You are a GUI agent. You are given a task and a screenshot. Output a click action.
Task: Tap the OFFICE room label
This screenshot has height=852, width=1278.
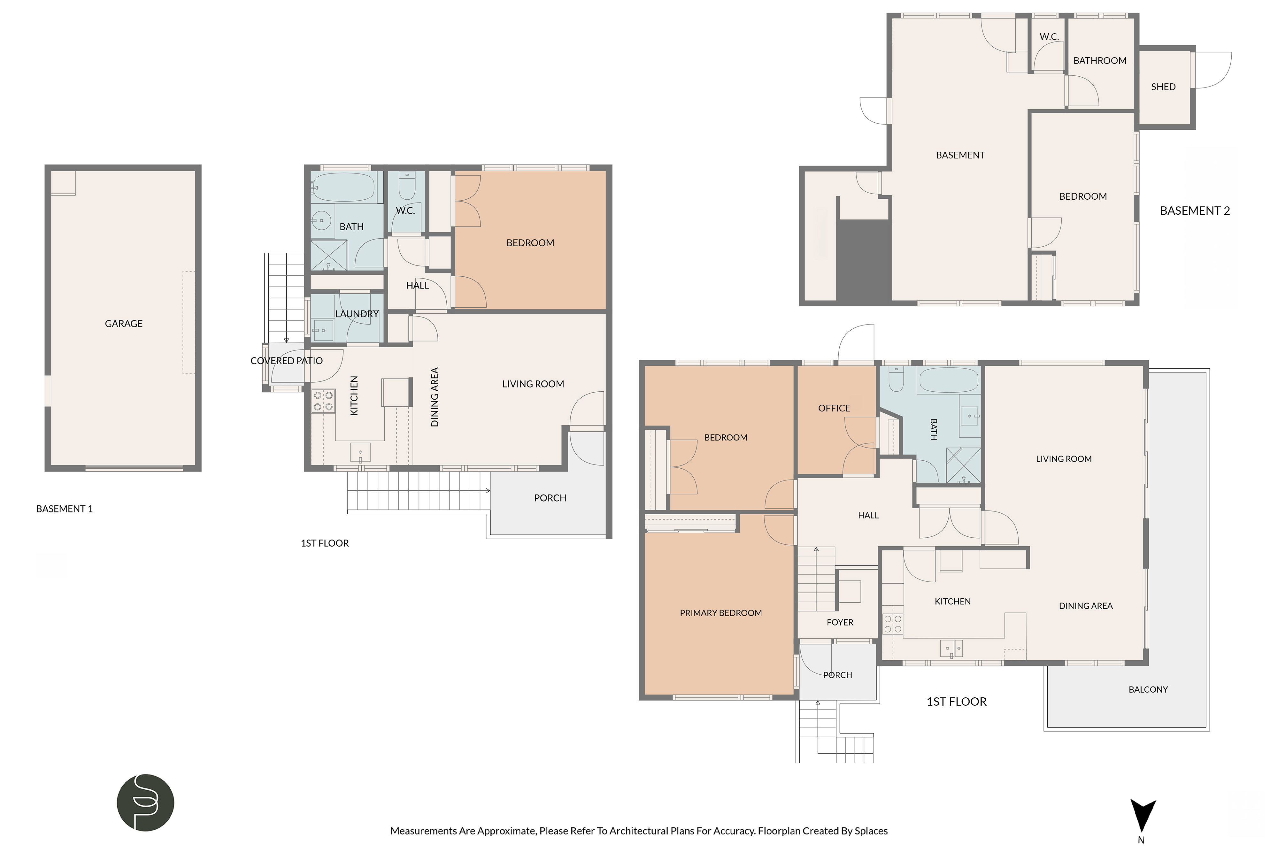tap(834, 408)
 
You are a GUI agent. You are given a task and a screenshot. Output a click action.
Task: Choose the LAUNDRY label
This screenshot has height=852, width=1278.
tap(357, 314)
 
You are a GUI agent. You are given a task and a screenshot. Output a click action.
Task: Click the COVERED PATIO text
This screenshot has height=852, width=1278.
tap(286, 361)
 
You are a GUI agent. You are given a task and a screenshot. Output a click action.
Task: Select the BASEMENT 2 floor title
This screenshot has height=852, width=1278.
tap(1195, 211)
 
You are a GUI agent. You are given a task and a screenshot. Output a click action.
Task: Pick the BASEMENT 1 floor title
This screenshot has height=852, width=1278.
tap(64, 509)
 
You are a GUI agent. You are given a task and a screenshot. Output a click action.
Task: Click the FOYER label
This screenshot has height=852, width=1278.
tap(840, 623)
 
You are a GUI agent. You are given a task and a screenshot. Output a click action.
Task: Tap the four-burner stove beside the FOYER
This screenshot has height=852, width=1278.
tap(892, 624)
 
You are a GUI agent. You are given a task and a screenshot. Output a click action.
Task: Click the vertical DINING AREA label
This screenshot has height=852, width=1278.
tap(435, 397)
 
